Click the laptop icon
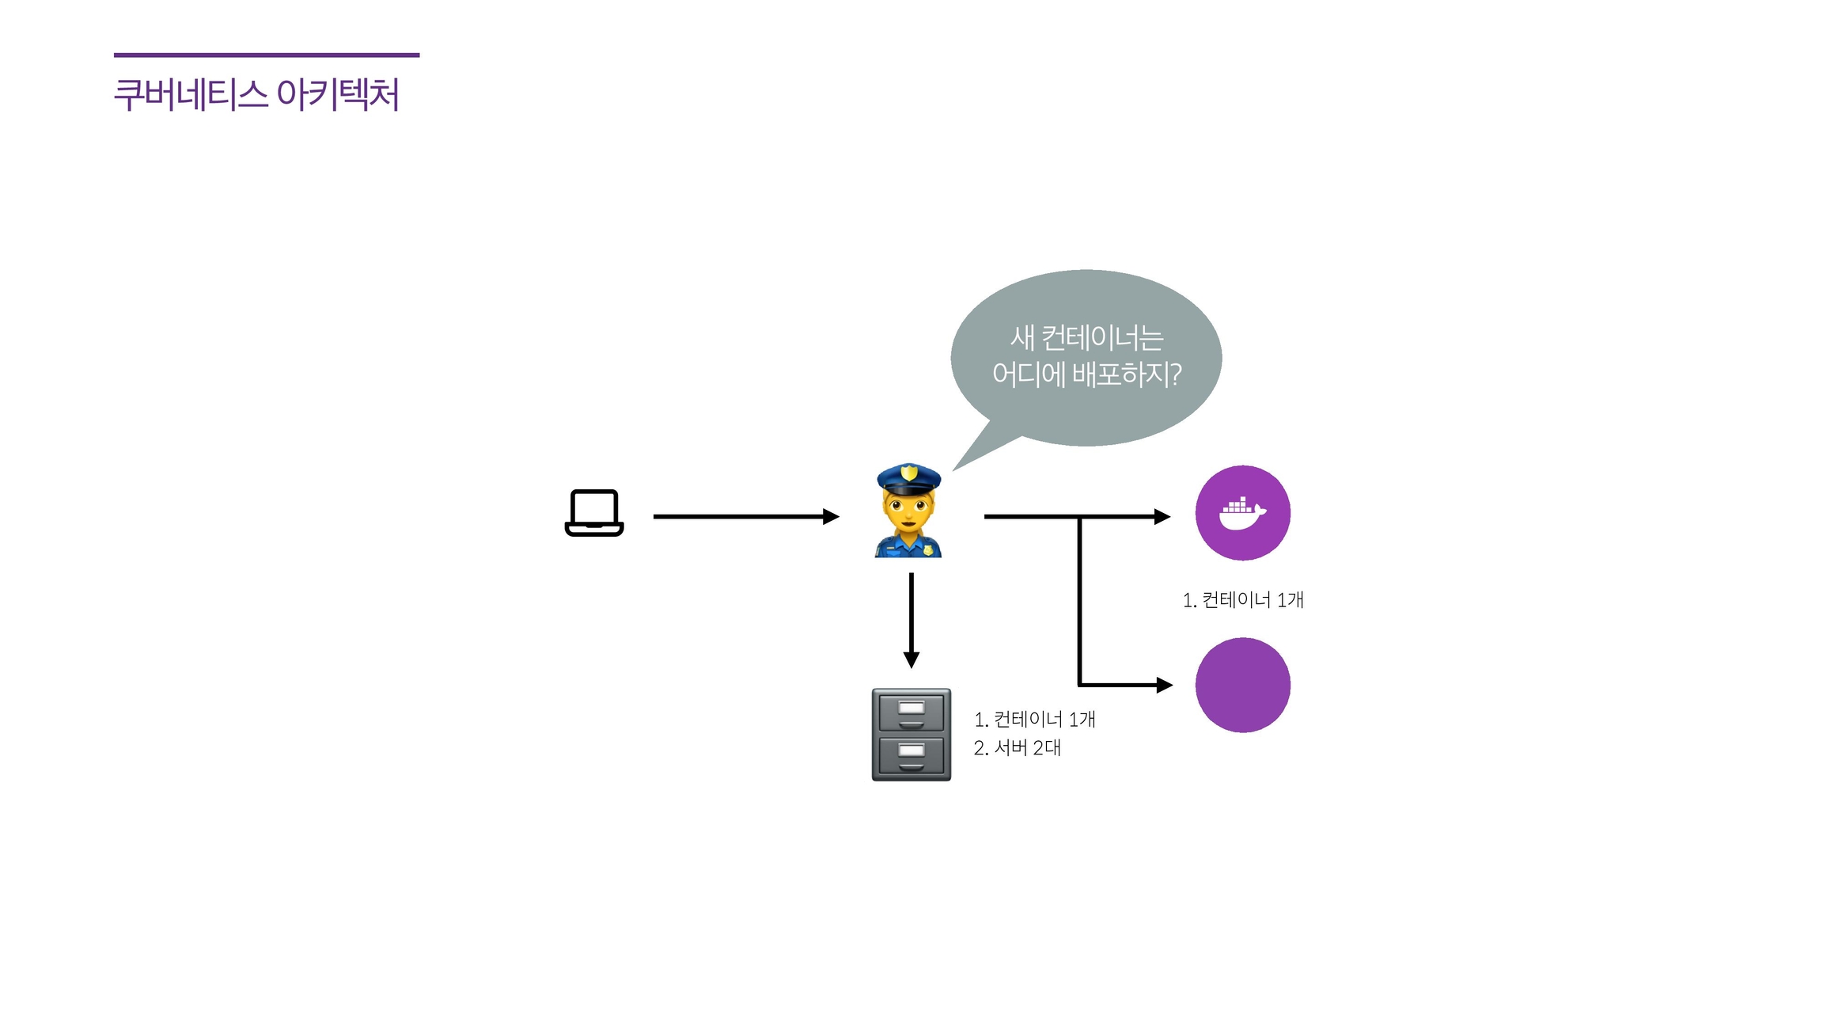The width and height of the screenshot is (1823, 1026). [x=594, y=512]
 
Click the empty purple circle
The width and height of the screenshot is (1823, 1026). [x=1242, y=685]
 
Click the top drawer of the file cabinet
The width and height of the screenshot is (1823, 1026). [x=911, y=712]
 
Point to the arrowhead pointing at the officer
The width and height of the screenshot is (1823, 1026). [x=831, y=517]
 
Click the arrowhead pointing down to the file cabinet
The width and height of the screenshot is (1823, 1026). [x=911, y=659]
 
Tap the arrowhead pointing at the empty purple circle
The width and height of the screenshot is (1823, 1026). [x=1164, y=685]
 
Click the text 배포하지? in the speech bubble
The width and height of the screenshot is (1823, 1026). [x=1127, y=374]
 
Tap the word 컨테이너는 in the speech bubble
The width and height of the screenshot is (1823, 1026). [x=1102, y=338]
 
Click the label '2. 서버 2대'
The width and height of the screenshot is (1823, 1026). [x=1017, y=748]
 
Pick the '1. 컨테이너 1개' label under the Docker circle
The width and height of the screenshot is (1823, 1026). [x=1243, y=600]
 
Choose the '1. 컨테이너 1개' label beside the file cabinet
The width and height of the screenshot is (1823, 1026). [x=1034, y=720]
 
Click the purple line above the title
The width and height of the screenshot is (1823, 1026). [x=267, y=55]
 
